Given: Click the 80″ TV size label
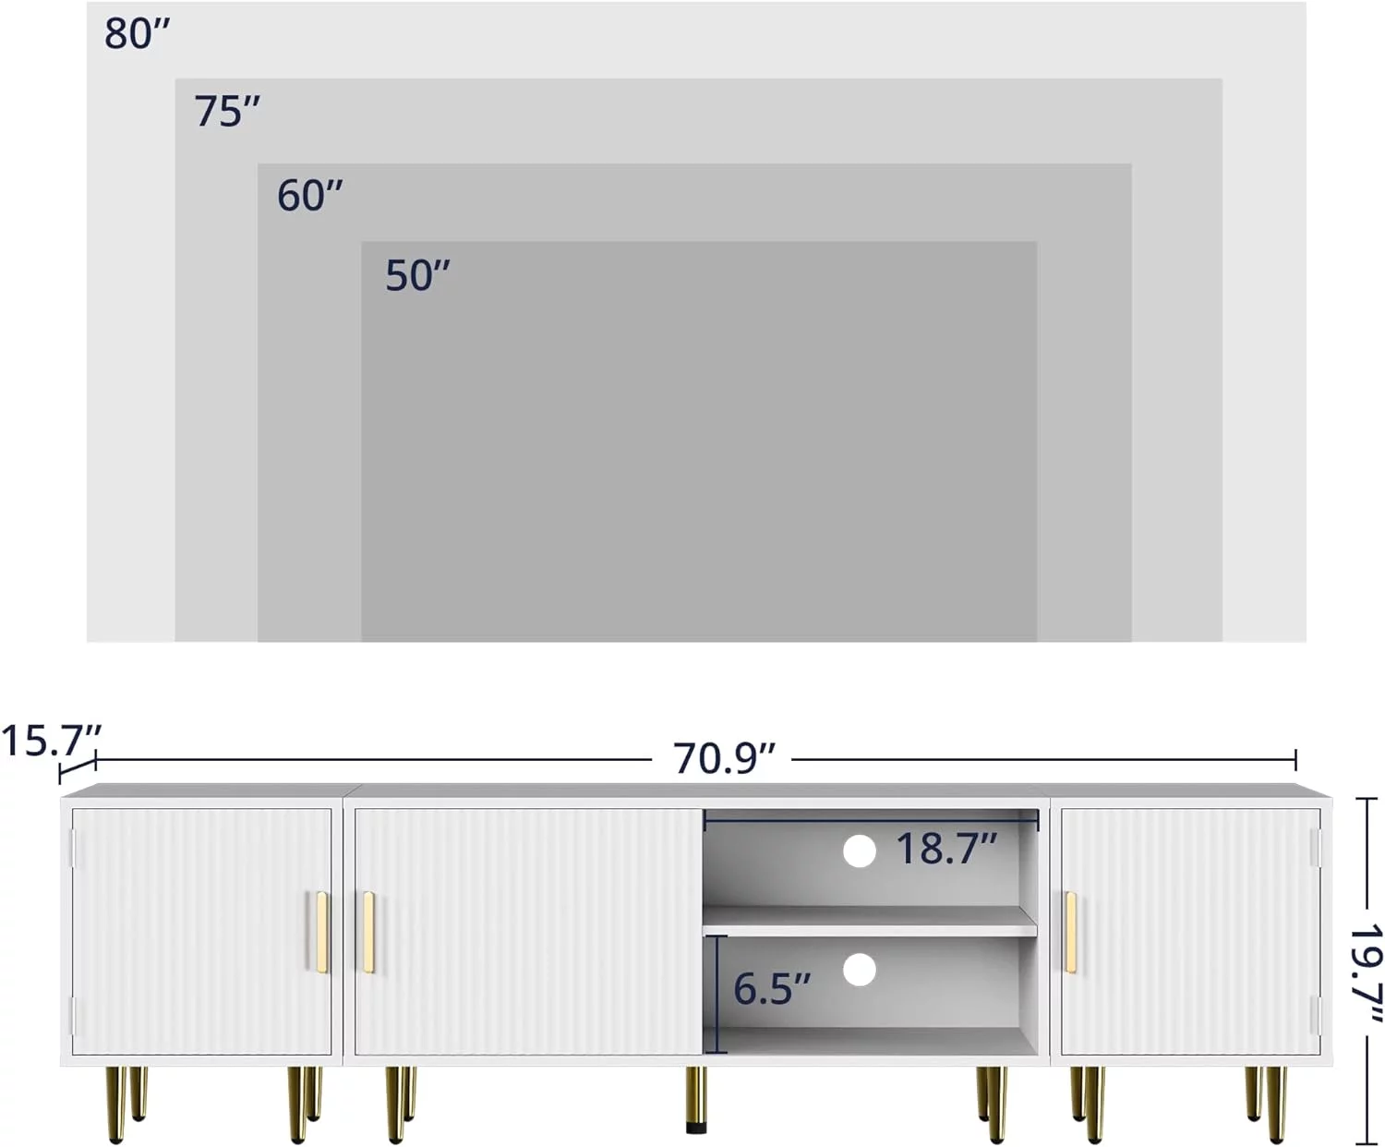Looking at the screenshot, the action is [138, 34].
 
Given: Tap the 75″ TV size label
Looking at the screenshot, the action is [227, 111].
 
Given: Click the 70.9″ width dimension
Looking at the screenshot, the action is [724, 757].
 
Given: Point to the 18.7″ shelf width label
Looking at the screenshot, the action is [946, 848].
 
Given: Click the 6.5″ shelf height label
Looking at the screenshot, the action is [772, 988].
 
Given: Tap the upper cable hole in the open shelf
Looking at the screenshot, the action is [860, 851].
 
